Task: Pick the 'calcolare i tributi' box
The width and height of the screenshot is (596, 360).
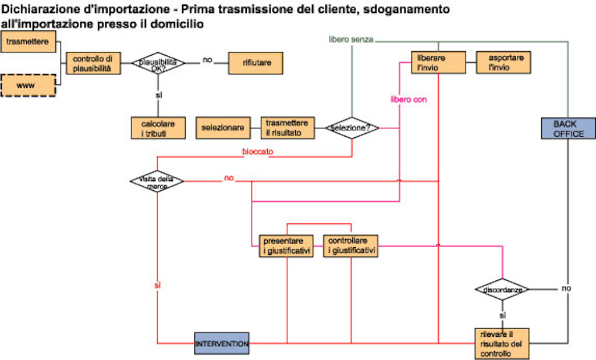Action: pos(158,128)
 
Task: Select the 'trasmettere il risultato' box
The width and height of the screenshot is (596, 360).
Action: pos(287,128)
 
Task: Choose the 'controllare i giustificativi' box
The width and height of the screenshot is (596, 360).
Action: pos(351,245)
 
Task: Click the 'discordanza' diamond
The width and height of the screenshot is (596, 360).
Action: pos(502,289)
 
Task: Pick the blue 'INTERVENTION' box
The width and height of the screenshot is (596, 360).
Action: pos(222,344)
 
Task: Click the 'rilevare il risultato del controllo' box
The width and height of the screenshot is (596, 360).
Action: pos(502,343)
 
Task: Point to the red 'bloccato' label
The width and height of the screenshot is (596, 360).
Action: pos(258,152)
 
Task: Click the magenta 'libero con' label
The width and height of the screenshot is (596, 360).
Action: pos(409,100)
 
